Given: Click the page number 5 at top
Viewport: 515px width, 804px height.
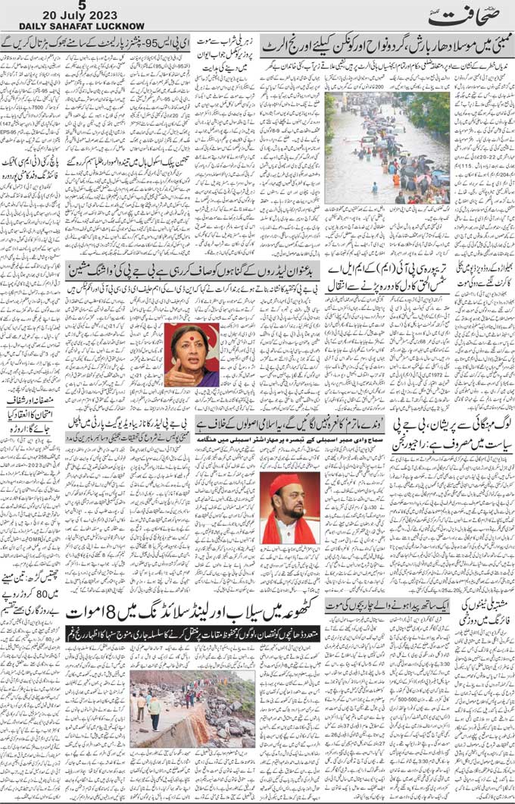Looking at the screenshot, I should (70, 5).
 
